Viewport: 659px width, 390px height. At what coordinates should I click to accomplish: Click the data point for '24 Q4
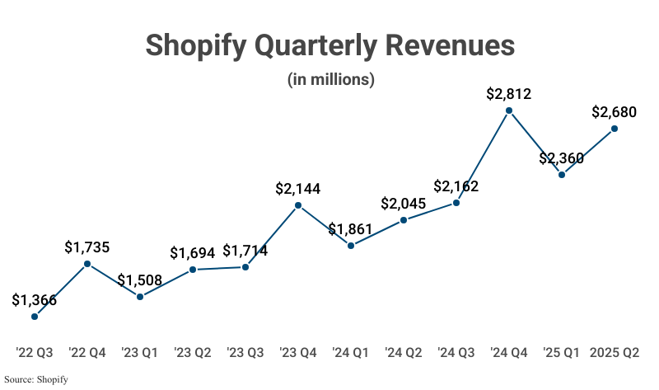click(509, 110)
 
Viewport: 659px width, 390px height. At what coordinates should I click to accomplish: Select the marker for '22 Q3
click(35, 317)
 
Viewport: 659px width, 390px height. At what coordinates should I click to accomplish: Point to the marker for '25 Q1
click(562, 174)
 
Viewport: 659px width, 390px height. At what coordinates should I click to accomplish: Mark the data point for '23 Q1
click(140, 296)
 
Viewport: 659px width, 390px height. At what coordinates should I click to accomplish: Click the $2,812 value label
click(509, 94)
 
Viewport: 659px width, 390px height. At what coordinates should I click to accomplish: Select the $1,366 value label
click(35, 300)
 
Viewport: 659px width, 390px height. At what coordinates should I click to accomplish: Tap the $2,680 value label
click(615, 112)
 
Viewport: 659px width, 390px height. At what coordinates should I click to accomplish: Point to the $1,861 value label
click(351, 229)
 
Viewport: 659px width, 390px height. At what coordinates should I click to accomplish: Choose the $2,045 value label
click(404, 204)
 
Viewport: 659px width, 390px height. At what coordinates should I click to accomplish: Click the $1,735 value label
click(87, 247)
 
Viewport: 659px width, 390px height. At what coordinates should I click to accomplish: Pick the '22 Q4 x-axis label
click(87, 353)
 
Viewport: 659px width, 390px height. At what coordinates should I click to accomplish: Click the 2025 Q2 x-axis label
click(615, 353)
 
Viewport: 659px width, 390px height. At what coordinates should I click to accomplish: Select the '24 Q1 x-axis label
click(351, 353)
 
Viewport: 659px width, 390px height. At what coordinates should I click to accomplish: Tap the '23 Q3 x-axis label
click(245, 353)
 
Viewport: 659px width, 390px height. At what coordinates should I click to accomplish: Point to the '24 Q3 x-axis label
click(456, 353)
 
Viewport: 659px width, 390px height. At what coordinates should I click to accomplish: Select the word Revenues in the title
click(446, 45)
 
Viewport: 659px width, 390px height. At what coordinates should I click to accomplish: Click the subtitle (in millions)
click(330, 80)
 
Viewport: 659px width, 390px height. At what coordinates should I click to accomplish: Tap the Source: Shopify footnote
click(35, 379)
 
